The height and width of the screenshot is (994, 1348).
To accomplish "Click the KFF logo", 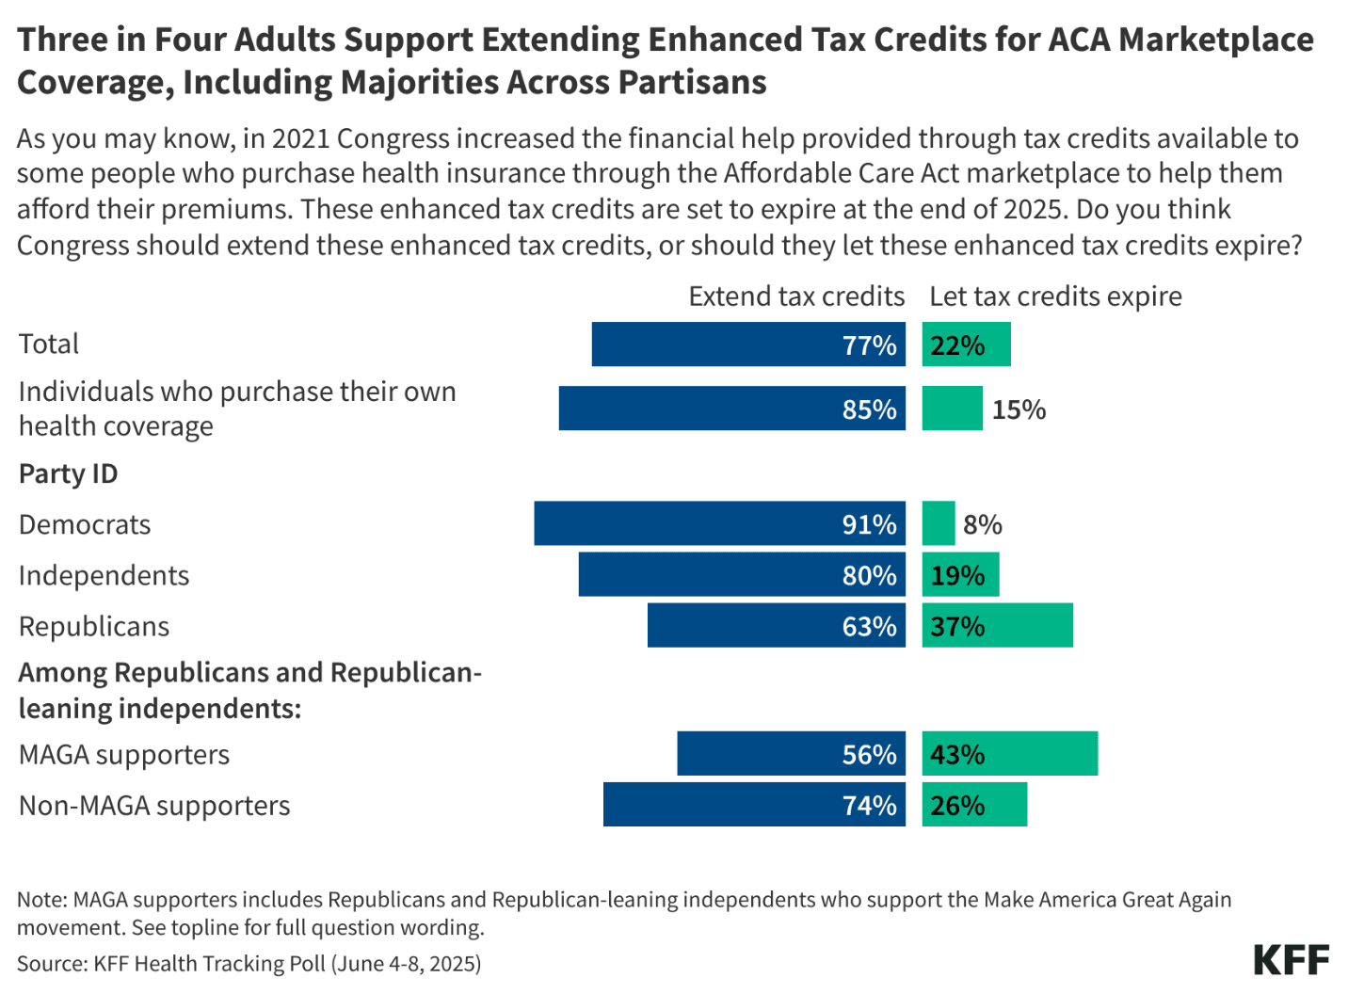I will (1291, 960).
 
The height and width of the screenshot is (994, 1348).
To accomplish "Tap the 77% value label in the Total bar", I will (869, 345).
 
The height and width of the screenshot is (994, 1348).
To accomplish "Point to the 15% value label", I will (1019, 409).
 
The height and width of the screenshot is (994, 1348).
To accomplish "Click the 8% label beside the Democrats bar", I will (982, 524).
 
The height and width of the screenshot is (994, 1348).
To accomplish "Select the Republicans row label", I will (94, 627).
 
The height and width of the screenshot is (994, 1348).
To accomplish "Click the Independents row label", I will (104, 576).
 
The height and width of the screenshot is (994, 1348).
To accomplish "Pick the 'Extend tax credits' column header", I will (795, 297).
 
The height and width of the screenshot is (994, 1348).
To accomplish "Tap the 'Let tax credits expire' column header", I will (1055, 297).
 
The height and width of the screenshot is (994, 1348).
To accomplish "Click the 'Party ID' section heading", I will (68, 473).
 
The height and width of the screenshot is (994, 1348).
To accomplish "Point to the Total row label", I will (49, 345).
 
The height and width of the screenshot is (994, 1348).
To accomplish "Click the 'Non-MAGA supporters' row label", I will (154, 806).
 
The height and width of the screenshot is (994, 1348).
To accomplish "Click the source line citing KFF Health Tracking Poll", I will (249, 964).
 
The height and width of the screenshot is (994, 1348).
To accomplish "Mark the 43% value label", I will (957, 755).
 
